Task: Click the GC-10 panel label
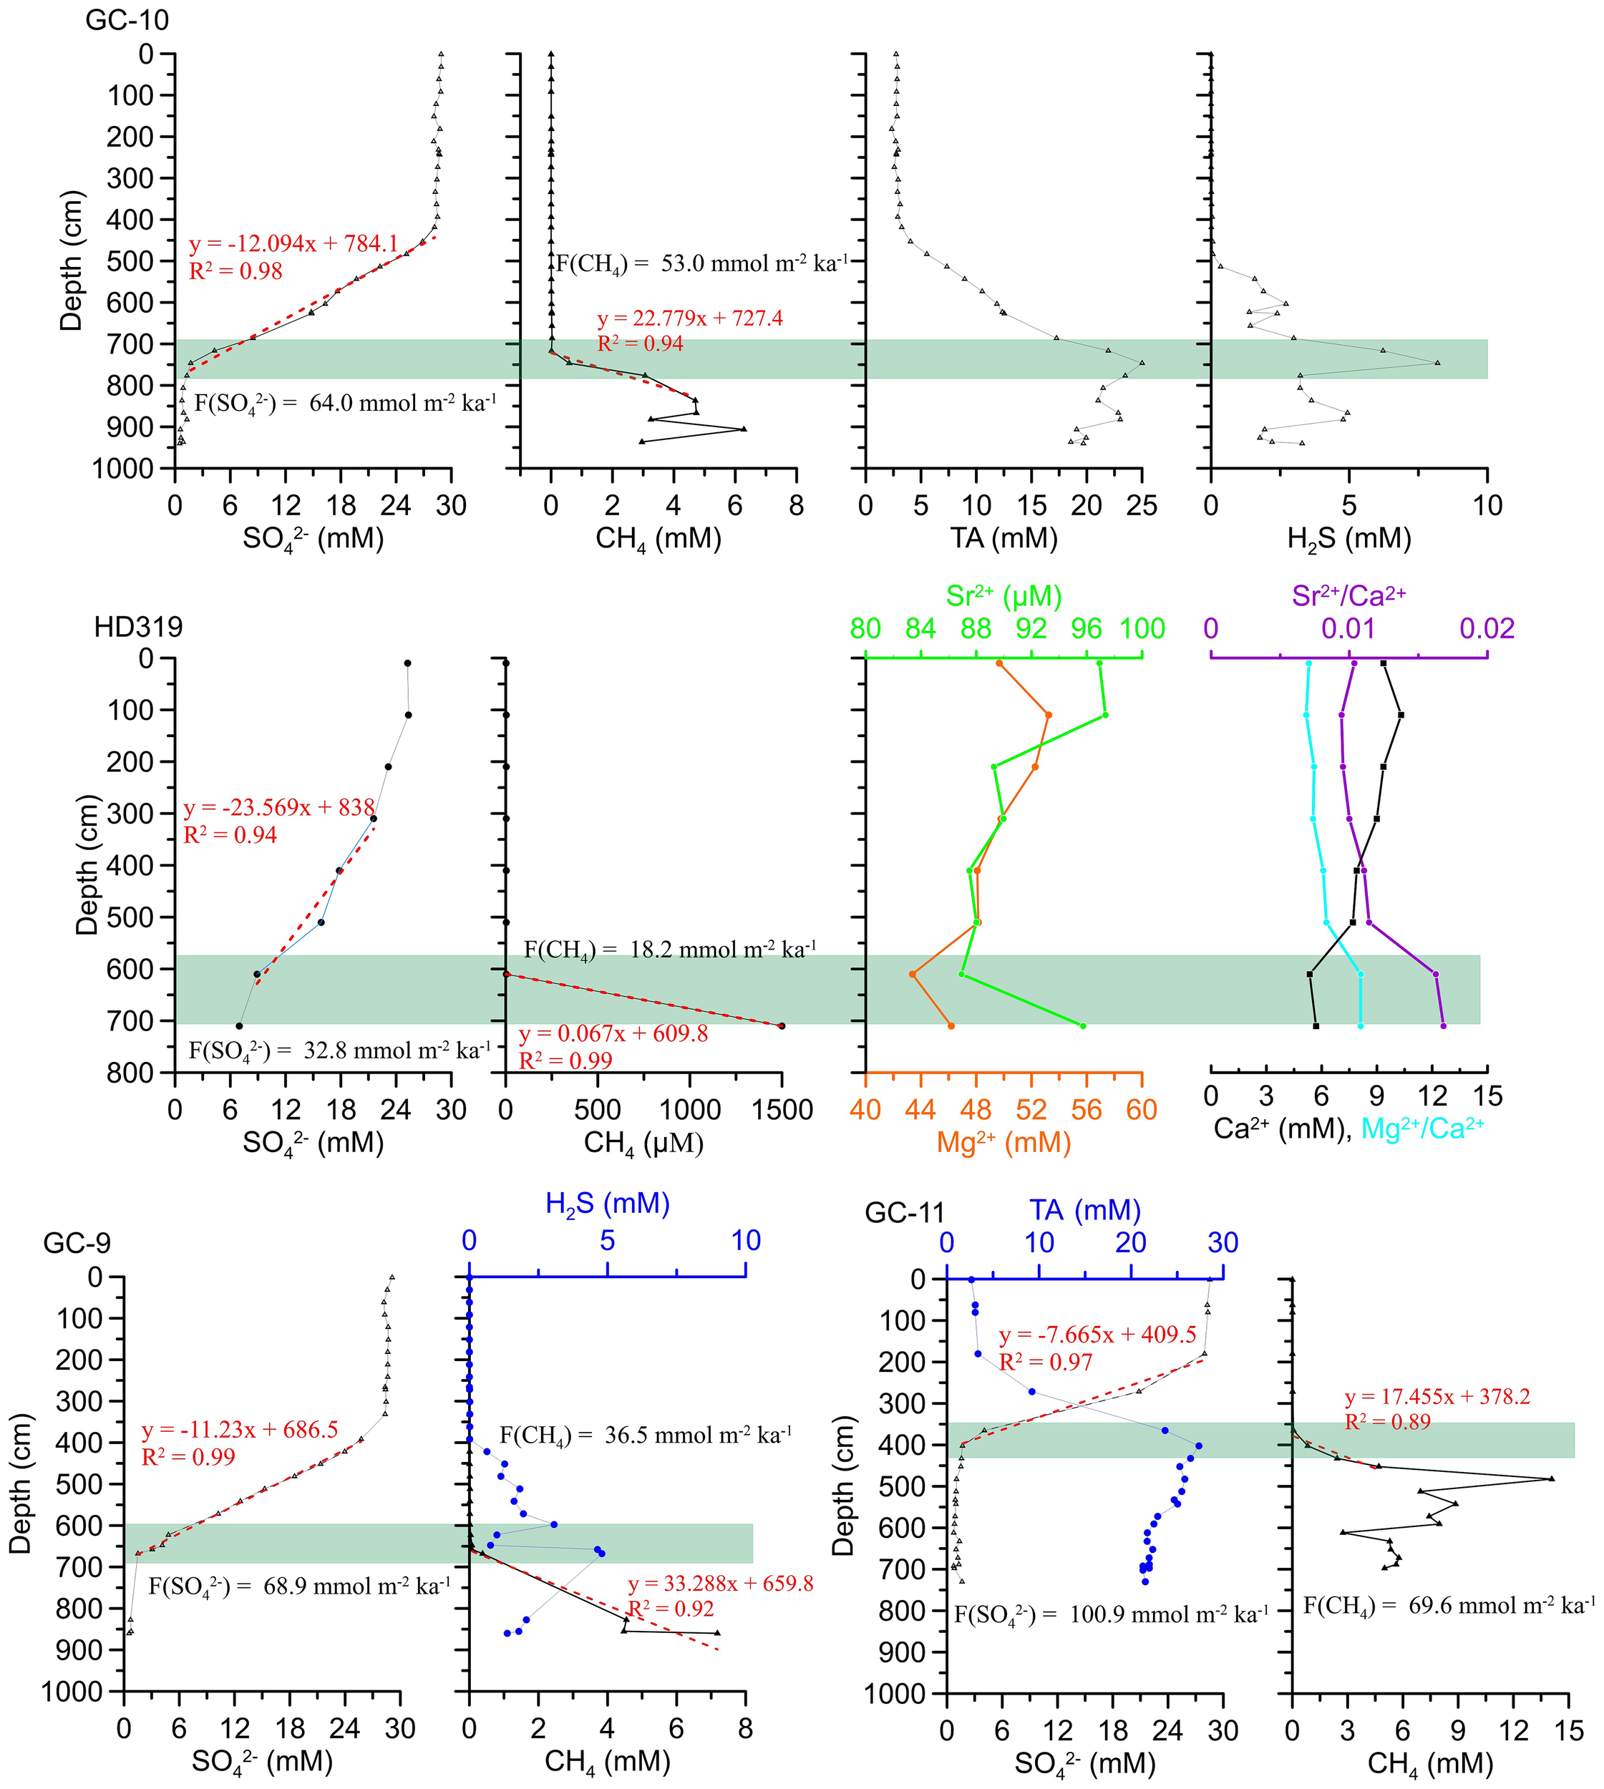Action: point(126,19)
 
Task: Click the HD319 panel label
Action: point(138,627)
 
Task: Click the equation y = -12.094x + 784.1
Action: point(293,243)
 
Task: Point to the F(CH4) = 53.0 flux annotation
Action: point(701,263)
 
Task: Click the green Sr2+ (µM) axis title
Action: point(1003,596)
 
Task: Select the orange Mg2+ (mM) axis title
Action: point(1003,1142)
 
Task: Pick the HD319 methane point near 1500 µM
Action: point(781,1025)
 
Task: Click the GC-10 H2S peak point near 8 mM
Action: point(1437,363)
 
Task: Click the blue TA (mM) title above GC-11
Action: point(1085,1210)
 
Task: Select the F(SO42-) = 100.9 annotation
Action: point(1112,1614)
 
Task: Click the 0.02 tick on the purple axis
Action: point(1487,628)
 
